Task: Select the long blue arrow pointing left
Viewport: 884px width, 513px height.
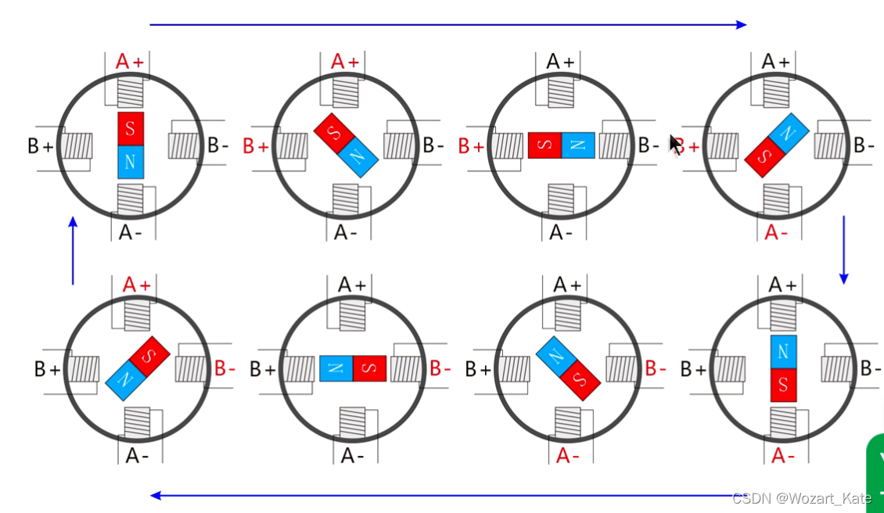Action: [x=438, y=495]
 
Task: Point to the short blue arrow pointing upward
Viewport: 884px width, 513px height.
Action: [x=73, y=250]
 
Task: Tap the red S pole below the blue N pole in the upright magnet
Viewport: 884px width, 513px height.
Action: [x=783, y=385]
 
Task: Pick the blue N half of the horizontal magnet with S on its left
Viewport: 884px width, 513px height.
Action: [x=578, y=145]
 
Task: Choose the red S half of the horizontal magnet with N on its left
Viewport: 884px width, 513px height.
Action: [x=369, y=368]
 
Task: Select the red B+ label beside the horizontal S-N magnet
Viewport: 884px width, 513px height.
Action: [x=471, y=145]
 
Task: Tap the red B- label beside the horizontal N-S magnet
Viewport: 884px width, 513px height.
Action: [x=440, y=368]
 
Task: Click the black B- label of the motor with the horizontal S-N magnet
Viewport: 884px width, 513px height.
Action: [x=649, y=145]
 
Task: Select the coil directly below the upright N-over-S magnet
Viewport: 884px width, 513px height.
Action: [x=783, y=423]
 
